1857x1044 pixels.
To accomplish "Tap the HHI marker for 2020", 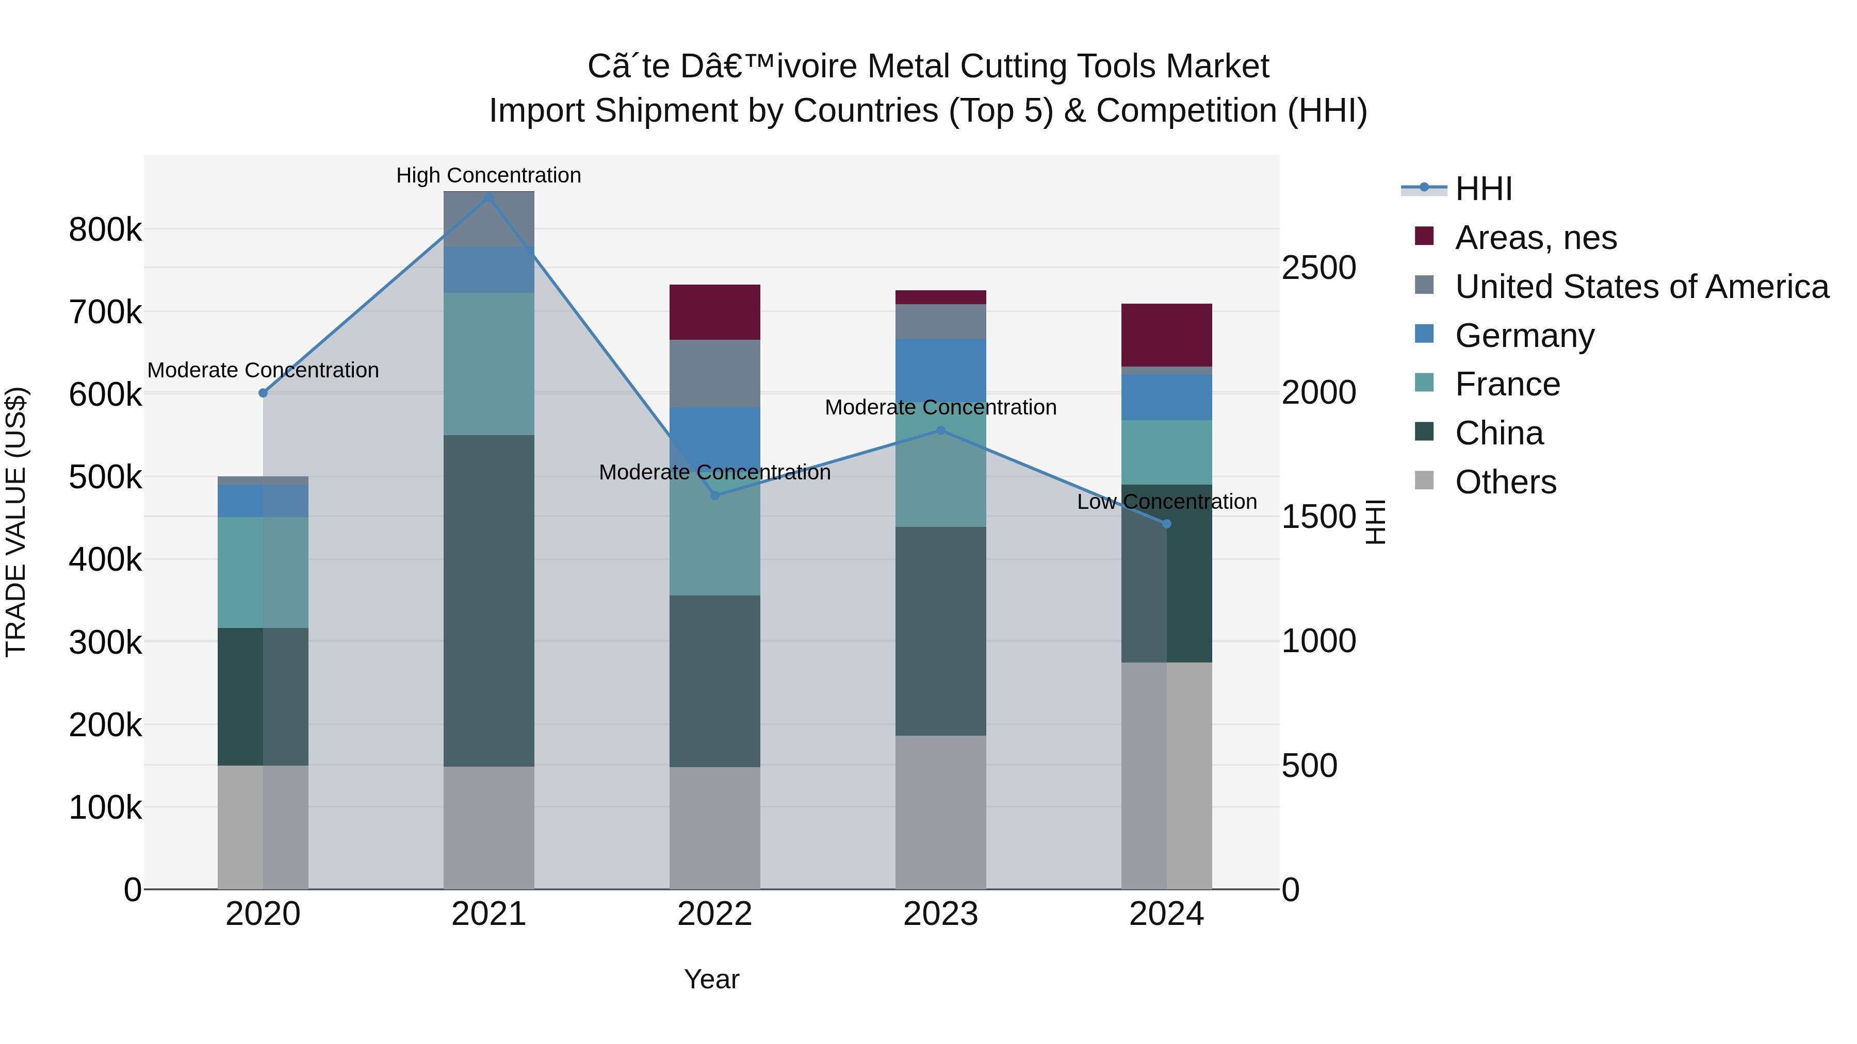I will point(263,393).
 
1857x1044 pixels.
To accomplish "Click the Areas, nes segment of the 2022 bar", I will point(714,312).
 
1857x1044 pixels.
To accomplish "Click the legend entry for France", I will point(1507,384).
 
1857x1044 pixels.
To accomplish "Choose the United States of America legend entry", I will point(1641,286).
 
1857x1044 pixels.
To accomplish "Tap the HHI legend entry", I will point(1483,189).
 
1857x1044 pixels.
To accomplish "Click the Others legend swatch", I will point(1424,480).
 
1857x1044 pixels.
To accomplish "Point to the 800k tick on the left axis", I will point(105,230).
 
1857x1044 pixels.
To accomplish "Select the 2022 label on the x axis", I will point(714,914).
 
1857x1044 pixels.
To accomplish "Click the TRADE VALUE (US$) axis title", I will point(16,522).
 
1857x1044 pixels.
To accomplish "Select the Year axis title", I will point(711,979).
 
